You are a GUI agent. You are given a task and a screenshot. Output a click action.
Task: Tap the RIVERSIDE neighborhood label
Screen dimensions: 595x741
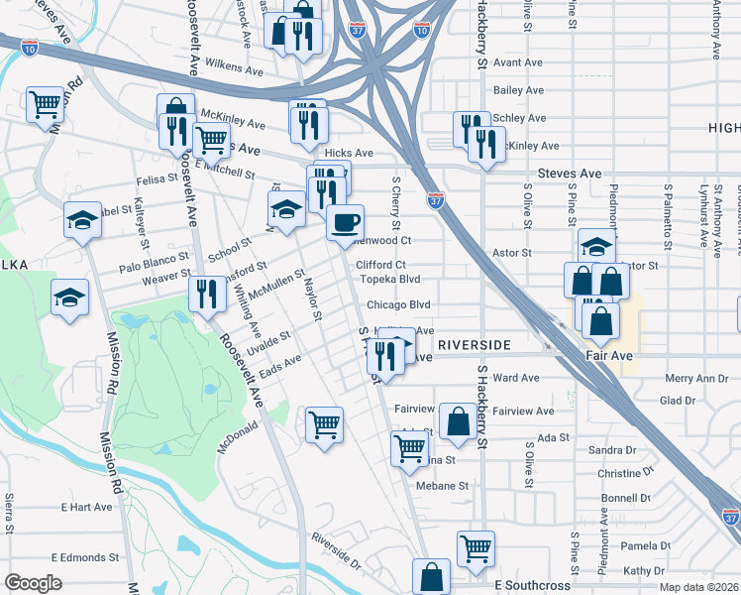[474, 344]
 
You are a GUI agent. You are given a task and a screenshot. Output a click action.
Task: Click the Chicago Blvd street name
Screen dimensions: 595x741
[398, 304]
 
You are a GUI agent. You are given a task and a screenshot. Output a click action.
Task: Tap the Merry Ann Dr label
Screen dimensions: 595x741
[697, 378]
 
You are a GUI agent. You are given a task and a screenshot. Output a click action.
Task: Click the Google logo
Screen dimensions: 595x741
[33, 583]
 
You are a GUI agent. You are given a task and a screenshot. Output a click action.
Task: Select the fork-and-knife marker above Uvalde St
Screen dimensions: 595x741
[207, 295]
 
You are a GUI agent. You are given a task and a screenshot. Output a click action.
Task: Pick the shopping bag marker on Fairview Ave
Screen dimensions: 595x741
[458, 420]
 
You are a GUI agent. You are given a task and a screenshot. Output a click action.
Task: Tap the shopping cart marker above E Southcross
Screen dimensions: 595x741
[476, 547]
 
